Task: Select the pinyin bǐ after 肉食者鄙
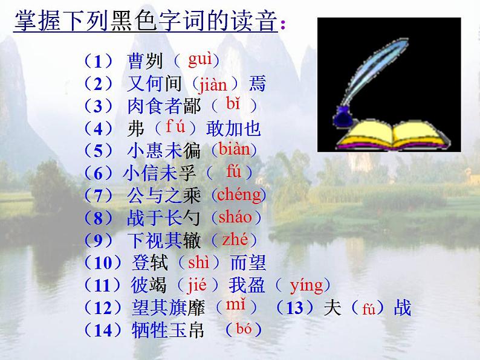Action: click(233, 103)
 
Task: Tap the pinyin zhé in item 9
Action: click(235, 239)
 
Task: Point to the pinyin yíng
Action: click(306, 284)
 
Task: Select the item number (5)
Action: click(99, 150)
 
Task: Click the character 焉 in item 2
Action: click(257, 83)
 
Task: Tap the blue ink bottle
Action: click(344, 115)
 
